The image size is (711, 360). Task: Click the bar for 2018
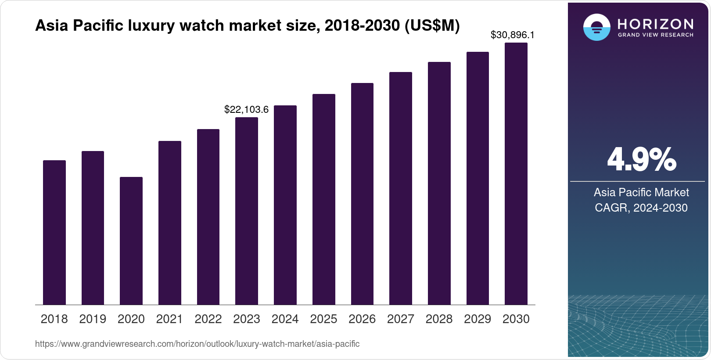tap(54, 232)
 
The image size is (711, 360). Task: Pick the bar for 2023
tap(246, 211)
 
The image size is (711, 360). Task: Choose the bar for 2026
tap(362, 194)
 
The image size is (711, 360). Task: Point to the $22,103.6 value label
tap(246, 110)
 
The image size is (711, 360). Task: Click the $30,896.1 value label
tap(512, 35)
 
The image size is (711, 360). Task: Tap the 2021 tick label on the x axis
tap(169, 319)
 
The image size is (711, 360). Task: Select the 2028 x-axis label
tap(439, 319)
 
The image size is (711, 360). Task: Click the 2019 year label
tap(93, 319)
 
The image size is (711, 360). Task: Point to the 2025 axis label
tap(323, 319)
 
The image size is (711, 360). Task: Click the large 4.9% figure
tap(641, 160)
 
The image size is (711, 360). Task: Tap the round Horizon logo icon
tap(596, 27)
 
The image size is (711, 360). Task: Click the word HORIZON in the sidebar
tap(655, 24)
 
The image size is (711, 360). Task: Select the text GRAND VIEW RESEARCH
tap(655, 35)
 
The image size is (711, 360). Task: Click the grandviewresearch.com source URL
tap(197, 344)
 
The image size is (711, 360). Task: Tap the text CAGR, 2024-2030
tap(641, 208)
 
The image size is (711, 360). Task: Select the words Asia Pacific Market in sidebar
tap(641, 192)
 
